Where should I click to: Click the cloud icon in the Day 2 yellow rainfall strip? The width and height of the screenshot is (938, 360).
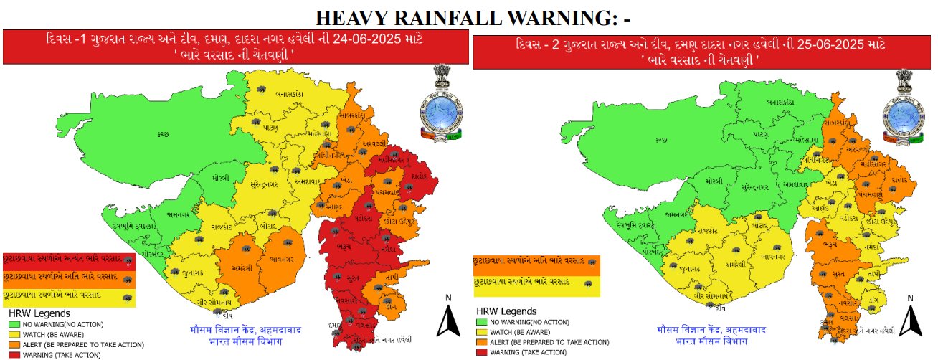(589, 283)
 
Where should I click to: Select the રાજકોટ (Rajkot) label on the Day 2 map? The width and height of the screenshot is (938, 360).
(696, 231)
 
